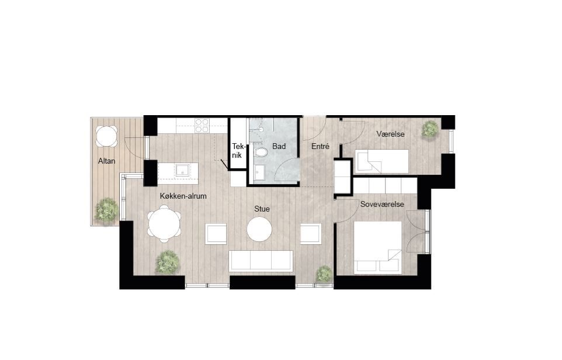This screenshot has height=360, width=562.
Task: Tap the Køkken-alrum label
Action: [183, 196]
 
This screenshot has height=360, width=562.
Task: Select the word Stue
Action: [262, 209]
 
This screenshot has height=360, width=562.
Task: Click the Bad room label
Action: [279, 146]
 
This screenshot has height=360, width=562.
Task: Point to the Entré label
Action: [320, 147]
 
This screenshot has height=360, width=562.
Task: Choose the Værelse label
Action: [391, 134]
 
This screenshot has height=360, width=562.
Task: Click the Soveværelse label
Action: [381, 205]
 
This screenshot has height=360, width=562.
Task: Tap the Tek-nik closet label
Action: [237, 151]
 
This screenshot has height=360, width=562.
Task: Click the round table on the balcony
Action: [106, 136]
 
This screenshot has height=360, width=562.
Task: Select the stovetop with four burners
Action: [202, 125]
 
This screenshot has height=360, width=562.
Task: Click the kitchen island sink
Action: [183, 170]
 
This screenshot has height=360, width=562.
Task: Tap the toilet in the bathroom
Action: [261, 153]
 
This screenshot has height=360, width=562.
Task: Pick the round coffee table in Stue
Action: [259, 229]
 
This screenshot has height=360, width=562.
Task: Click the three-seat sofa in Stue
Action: [261, 261]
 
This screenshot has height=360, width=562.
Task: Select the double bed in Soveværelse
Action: [378, 247]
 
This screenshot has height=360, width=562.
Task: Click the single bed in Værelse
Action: [383, 160]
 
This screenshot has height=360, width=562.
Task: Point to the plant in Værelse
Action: [430, 129]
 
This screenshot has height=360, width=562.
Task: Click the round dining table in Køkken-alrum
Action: [164, 225]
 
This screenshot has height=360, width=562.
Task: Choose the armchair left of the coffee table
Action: [216, 234]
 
